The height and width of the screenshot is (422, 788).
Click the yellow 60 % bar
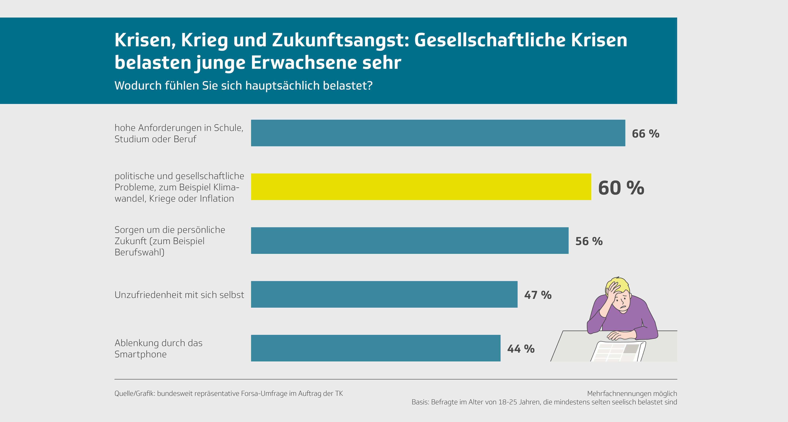[x=421, y=187]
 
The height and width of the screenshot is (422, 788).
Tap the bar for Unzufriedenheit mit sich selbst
[x=384, y=294]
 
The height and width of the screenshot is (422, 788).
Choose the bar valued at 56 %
[x=410, y=241]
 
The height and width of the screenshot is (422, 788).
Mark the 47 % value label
[x=538, y=295]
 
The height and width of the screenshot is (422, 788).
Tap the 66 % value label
[x=645, y=134]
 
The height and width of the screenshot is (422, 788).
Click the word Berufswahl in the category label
[x=139, y=252]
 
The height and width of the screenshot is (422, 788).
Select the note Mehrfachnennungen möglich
[x=632, y=394]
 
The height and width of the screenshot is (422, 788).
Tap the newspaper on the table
[x=618, y=352]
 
